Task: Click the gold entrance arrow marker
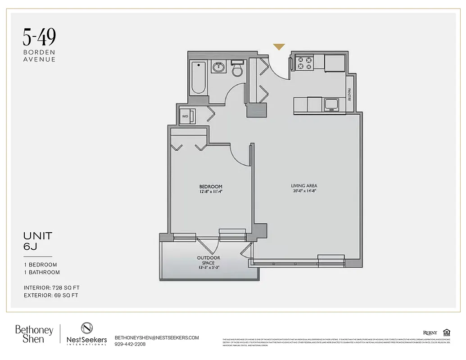(x=279, y=46)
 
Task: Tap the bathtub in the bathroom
(x=198, y=77)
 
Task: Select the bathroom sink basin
(x=219, y=67)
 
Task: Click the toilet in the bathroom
(x=237, y=69)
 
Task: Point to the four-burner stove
(x=304, y=63)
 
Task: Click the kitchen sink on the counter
(x=332, y=105)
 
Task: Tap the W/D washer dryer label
(x=185, y=116)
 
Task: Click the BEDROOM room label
(x=211, y=186)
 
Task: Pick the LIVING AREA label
(x=304, y=185)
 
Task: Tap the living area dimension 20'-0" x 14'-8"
(x=304, y=191)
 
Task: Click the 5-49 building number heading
(x=40, y=38)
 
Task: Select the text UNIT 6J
(x=38, y=241)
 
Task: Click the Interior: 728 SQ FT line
(x=52, y=288)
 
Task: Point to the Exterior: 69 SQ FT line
(x=51, y=296)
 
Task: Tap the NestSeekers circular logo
(x=87, y=328)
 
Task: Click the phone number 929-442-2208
(x=130, y=344)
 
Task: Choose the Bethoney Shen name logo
(x=34, y=334)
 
